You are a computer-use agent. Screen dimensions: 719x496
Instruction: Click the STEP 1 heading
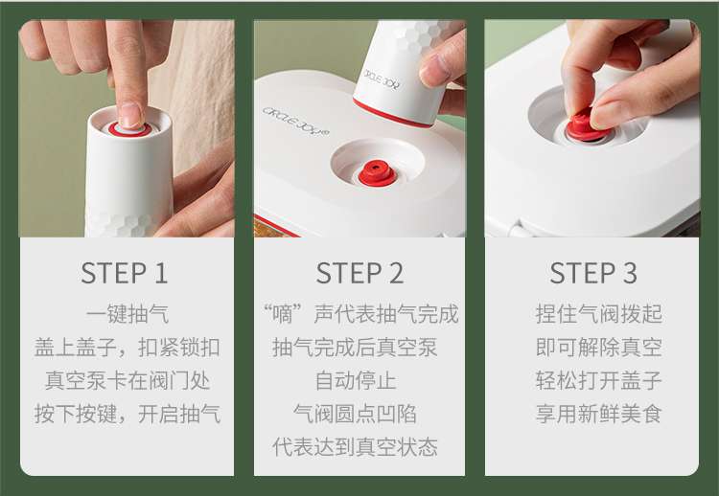(x=124, y=273)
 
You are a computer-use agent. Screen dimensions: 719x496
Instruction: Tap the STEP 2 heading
(x=359, y=273)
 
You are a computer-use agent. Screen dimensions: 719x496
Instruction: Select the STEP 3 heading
(x=593, y=273)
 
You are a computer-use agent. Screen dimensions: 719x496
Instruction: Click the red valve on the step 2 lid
(x=377, y=173)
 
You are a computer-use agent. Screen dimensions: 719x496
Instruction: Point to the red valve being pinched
(x=584, y=126)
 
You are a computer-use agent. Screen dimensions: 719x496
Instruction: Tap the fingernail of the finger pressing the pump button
(x=130, y=115)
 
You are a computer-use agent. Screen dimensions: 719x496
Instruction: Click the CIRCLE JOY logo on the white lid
(x=296, y=122)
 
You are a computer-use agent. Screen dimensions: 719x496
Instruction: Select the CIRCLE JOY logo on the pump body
(x=381, y=79)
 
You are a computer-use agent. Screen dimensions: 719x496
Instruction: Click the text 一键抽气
(x=128, y=314)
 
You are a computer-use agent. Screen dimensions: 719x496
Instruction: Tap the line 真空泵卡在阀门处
(x=128, y=380)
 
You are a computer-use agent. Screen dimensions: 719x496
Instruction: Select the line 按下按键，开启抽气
(x=128, y=414)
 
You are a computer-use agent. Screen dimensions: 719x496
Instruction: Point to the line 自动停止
(x=356, y=380)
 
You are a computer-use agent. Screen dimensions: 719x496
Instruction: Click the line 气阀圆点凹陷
(x=356, y=414)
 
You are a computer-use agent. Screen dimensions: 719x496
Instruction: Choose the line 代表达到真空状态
(x=356, y=447)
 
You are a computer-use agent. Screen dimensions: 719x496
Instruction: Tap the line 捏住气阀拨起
(x=599, y=314)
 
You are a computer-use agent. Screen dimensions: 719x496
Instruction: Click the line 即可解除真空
(x=599, y=348)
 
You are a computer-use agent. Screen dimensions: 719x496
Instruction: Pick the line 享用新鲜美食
(x=599, y=414)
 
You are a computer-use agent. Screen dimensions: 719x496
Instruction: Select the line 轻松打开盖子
(x=599, y=380)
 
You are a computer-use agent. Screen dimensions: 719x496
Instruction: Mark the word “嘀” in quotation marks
(x=283, y=314)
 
